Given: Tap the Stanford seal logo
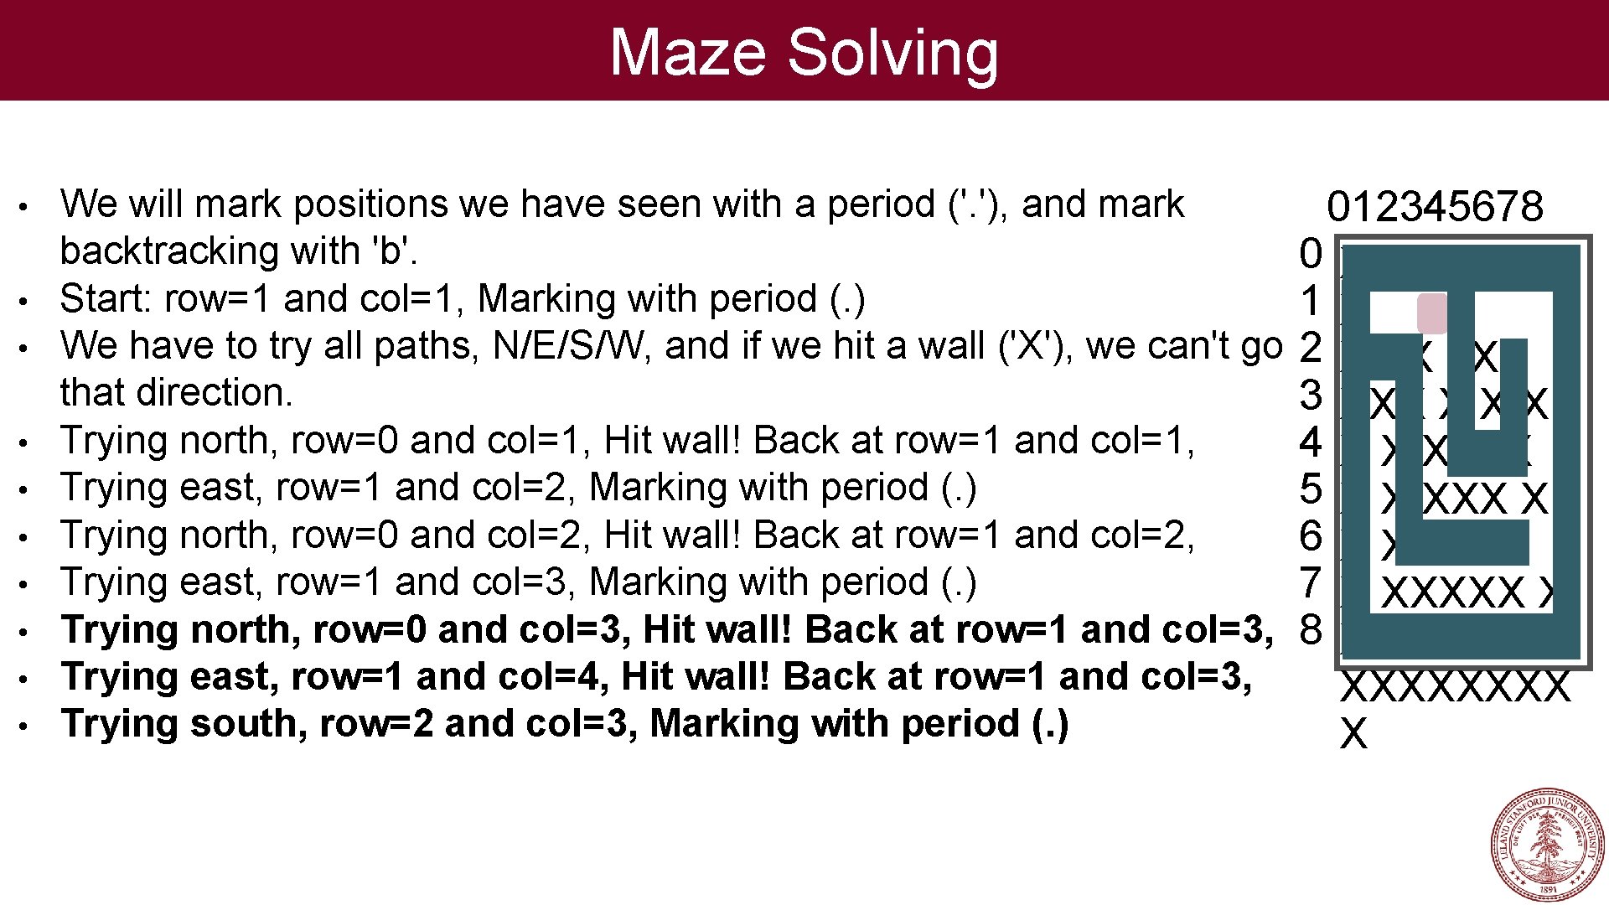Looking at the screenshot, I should point(1547,845).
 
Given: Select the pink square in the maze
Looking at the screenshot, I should point(1431,313).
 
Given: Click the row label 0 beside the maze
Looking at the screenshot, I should point(1310,253).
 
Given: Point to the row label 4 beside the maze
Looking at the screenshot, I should point(1310,442).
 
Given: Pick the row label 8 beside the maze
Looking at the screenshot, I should point(1310,630).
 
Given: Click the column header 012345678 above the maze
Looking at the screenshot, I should point(1435,206).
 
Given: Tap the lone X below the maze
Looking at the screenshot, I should point(1353,734).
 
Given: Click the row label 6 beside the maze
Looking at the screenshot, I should point(1310,536).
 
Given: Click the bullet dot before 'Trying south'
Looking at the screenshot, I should point(27,725).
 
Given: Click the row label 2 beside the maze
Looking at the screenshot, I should point(1310,347).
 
